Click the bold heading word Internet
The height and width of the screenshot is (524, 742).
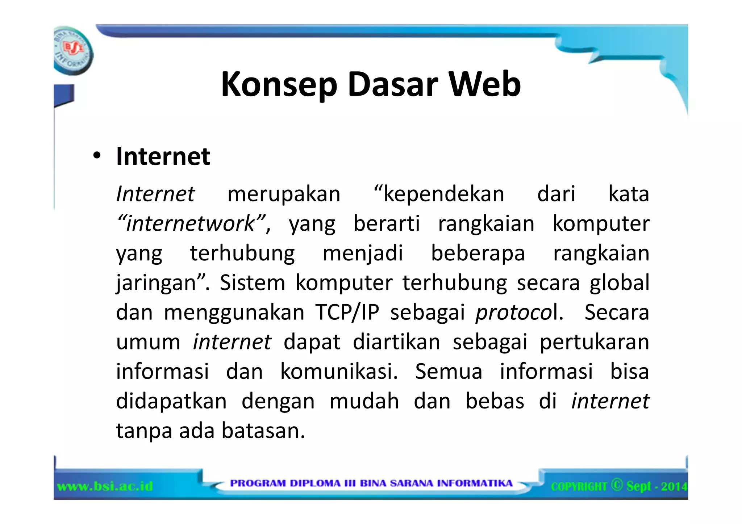(163, 156)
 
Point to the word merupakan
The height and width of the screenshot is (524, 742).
(284, 194)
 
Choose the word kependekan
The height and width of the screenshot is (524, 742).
(439, 194)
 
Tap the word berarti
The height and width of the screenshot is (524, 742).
(387, 223)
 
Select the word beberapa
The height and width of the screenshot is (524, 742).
(478, 253)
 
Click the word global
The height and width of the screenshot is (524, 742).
(619, 282)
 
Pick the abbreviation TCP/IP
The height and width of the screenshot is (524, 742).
(347, 312)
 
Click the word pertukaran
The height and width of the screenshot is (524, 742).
(594, 342)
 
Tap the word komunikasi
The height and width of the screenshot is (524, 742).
(339, 372)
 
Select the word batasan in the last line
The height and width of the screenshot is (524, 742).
(263, 431)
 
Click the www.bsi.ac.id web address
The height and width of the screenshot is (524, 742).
(105, 486)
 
